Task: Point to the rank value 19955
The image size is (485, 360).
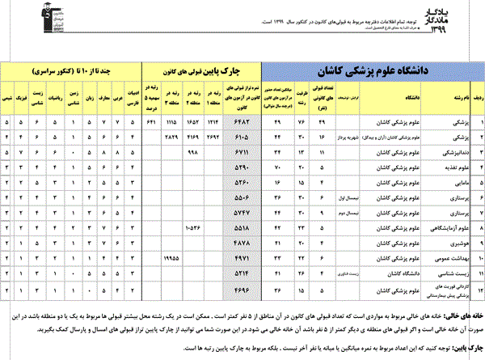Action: click(171, 258)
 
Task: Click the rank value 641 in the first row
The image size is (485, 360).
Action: click(150, 121)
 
